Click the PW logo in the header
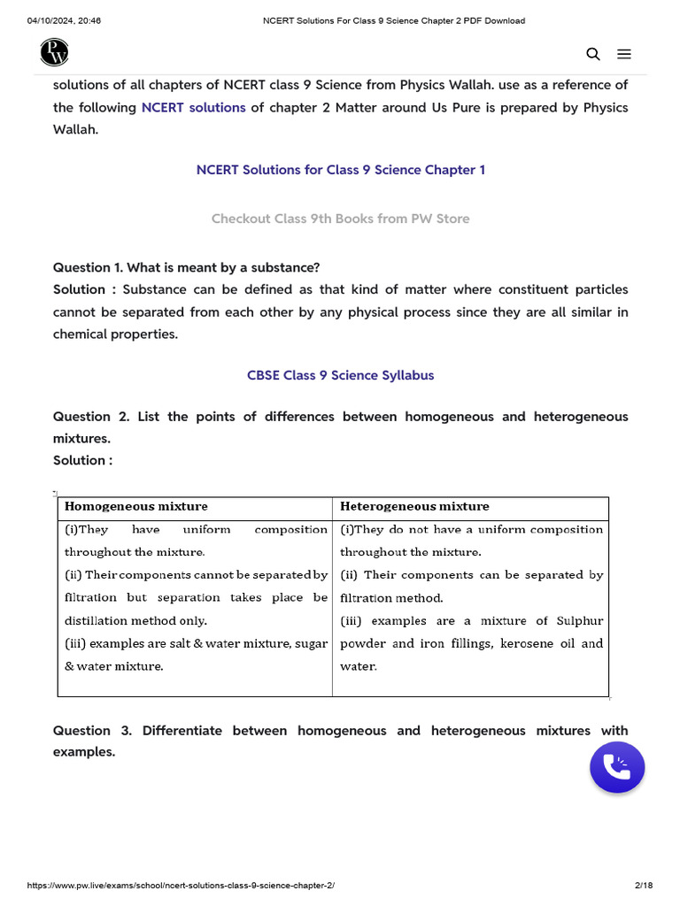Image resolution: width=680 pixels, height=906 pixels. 54,53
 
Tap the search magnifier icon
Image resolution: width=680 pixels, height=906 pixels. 593,54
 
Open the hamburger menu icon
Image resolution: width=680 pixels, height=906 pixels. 624,54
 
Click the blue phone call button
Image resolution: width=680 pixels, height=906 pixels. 617,767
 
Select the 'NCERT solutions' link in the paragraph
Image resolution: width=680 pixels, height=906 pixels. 193,107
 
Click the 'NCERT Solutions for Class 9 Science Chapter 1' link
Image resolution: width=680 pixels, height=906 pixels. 340,169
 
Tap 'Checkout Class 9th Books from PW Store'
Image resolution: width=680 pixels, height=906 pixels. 340,219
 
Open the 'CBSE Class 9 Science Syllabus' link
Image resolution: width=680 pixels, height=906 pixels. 340,375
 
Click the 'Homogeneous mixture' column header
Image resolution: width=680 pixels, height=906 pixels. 136,506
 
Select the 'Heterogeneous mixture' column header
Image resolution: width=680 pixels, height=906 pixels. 414,506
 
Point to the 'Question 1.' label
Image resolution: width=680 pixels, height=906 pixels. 88,267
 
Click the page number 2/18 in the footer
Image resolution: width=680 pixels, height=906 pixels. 644,886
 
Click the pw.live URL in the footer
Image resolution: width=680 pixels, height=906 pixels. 181,886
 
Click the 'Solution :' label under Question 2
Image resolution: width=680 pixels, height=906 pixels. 82,460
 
